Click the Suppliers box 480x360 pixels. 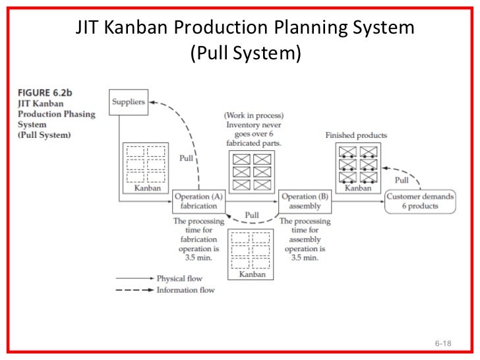pos(128,102)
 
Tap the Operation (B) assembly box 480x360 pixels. pos(304,201)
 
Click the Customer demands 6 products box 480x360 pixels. pos(421,201)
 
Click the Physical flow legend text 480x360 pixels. pos(179,279)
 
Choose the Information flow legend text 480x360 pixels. pos(185,290)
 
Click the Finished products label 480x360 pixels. pos(356,135)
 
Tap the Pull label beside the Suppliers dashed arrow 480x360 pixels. pos(187,158)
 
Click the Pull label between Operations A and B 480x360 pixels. pos(251,215)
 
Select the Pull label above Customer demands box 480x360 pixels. pos(401,180)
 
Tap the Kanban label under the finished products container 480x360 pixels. pos(358,189)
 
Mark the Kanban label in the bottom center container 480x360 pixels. pos(252,274)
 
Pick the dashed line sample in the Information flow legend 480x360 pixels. pos(134,290)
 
